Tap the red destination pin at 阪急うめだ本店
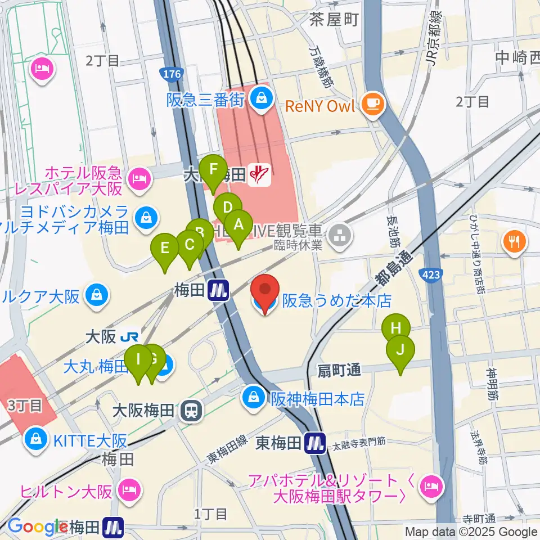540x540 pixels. [265, 291]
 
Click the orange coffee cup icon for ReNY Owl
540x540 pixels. [372, 103]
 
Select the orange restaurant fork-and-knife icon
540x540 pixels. [514, 241]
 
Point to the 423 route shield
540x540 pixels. [430, 274]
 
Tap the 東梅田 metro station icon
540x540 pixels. [314, 444]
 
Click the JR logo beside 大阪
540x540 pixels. [130, 337]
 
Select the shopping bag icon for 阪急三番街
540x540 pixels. [261, 99]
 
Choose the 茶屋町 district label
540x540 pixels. [334, 20]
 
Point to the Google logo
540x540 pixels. [37, 527]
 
